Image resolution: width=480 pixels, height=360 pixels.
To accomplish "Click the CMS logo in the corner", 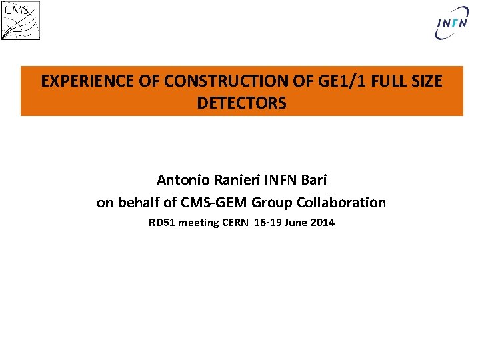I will (x=21, y=20).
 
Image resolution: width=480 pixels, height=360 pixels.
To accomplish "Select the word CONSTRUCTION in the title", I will (x=203, y=81).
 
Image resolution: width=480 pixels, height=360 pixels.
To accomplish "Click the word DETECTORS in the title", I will (x=241, y=103).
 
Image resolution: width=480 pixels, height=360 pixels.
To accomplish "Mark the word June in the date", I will (x=297, y=223).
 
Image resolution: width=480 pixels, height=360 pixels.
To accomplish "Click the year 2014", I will (x=323, y=223).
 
